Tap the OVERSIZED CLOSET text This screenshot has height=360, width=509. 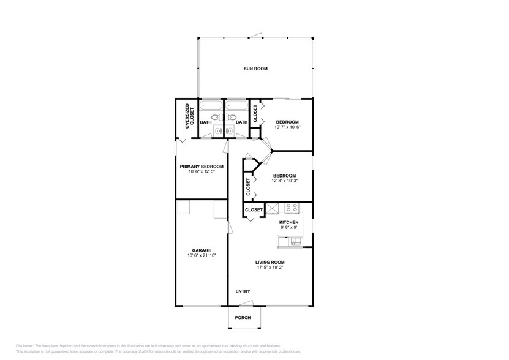pyautogui.click(x=190, y=114)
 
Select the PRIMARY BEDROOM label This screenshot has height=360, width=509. pyautogui.click(x=201, y=167)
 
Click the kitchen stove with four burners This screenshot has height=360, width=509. pyautogui.click(x=292, y=208)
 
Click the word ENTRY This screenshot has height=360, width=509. pyautogui.click(x=243, y=291)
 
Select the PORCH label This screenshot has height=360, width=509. pyautogui.click(x=243, y=317)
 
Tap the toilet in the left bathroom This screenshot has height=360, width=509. pyautogui.click(x=215, y=117)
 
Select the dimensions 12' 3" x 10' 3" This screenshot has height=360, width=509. pyautogui.click(x=284, y=181)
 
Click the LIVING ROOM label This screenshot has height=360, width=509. pyautogui.click(x=270, y=263)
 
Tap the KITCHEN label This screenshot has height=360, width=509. pyautogui.click(x=288, y=222)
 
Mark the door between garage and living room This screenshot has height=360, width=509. pyautogui.click(x=229, y=227)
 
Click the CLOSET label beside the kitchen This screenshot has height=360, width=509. pyautogui.click(x=254, y=210)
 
